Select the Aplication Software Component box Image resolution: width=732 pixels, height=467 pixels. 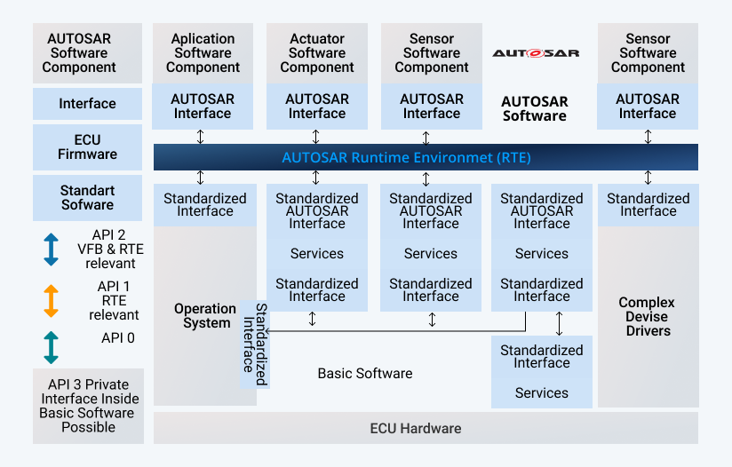click(203, 53)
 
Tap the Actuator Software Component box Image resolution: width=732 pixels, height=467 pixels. click(317, 53)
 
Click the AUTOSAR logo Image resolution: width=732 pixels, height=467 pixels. click(536, 53)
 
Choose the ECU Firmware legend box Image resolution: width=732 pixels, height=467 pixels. click(87, 147)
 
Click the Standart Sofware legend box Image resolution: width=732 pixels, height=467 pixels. click(87, 198)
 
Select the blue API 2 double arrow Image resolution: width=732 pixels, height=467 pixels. click(51, 249)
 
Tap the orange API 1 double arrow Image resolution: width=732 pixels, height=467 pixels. click(51, 300)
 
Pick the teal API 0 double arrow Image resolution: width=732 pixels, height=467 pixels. click(51, 347)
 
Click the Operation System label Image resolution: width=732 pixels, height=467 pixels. click(205, 316)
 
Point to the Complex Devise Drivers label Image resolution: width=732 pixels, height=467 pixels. click(647, 316)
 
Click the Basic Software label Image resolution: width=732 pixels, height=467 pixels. click(365, 374)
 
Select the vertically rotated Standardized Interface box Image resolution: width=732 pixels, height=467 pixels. click(255, 344)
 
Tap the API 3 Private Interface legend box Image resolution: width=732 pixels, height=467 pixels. click(88, 406)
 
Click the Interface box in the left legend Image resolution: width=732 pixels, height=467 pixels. click(87, 104)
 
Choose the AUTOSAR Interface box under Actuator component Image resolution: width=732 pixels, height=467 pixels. click(317, 107)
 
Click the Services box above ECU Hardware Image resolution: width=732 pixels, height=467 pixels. click(541, 393)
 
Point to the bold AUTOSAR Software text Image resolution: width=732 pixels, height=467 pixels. click(535, 108)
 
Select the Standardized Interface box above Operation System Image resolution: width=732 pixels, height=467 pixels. click(205, 205)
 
